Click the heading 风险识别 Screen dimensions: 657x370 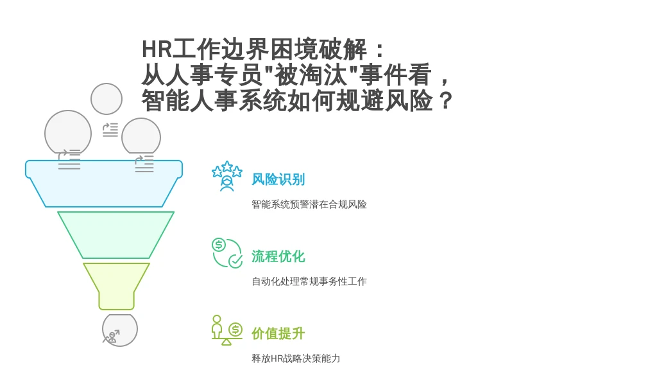278,180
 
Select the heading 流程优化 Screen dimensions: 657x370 278,256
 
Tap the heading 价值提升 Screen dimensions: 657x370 278,333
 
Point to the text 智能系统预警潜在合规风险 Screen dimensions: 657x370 309,204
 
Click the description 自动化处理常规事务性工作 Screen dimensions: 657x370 309,281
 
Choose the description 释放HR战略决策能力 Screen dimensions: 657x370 295,358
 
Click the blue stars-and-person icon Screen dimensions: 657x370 226,176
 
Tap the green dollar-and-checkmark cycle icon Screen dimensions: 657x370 226,253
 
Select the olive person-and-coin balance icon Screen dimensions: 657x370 226,330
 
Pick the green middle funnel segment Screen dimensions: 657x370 115,235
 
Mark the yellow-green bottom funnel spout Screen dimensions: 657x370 117,286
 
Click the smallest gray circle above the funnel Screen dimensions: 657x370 107,98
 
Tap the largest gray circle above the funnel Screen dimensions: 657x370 68,134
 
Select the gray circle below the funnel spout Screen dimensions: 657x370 120,330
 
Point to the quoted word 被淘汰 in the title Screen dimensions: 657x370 311,75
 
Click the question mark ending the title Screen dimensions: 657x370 446,101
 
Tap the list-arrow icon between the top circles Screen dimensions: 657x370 110,130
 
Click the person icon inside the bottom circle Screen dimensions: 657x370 111,337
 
